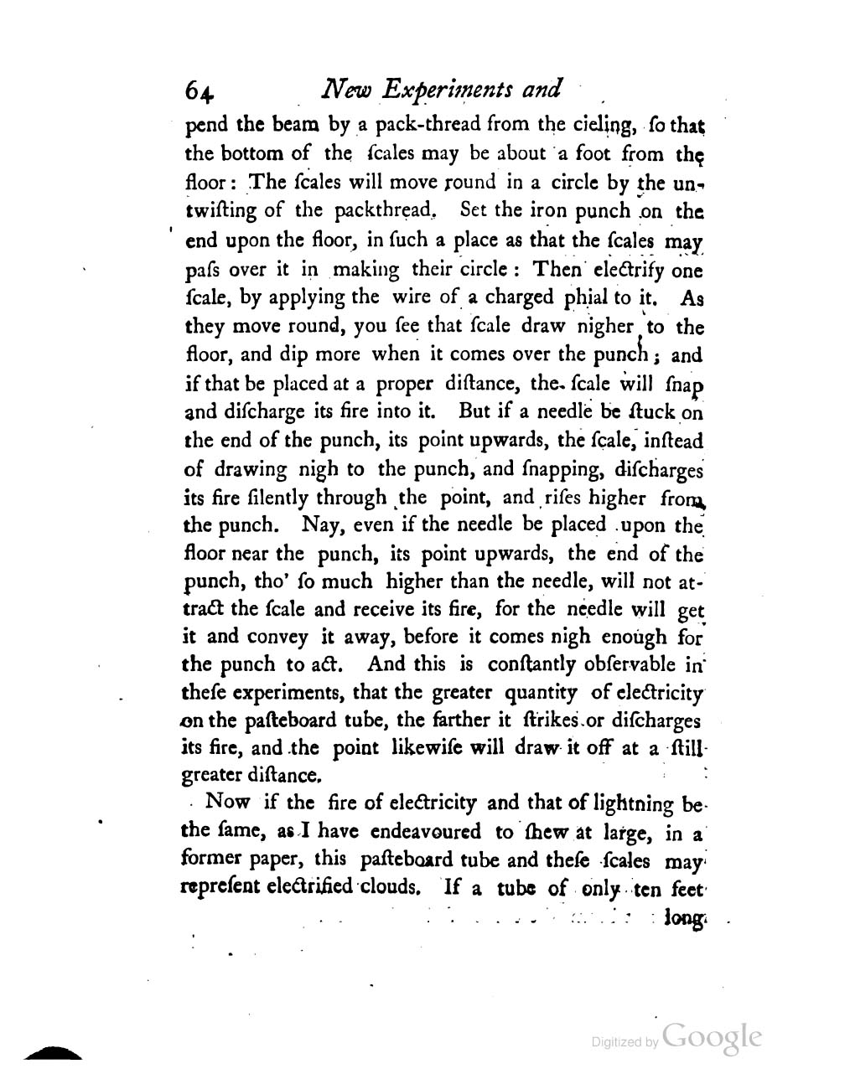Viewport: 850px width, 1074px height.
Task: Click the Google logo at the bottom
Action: click(712, 1037)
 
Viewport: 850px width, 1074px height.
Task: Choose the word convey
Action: click(277, 637)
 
